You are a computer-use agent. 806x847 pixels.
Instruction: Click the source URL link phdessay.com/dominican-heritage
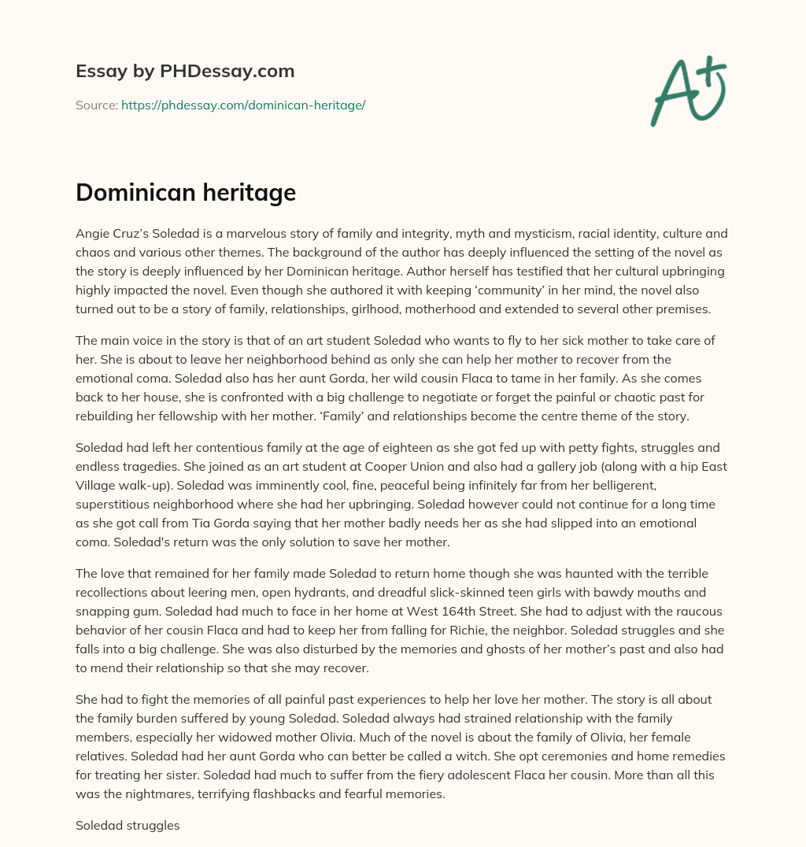point(243,105)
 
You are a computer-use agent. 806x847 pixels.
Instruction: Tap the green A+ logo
point(688,91)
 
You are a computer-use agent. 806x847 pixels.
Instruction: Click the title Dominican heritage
point(186,193)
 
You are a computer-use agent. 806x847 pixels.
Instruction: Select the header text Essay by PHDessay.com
point(185,72)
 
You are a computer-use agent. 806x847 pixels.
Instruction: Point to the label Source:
point(96,105)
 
